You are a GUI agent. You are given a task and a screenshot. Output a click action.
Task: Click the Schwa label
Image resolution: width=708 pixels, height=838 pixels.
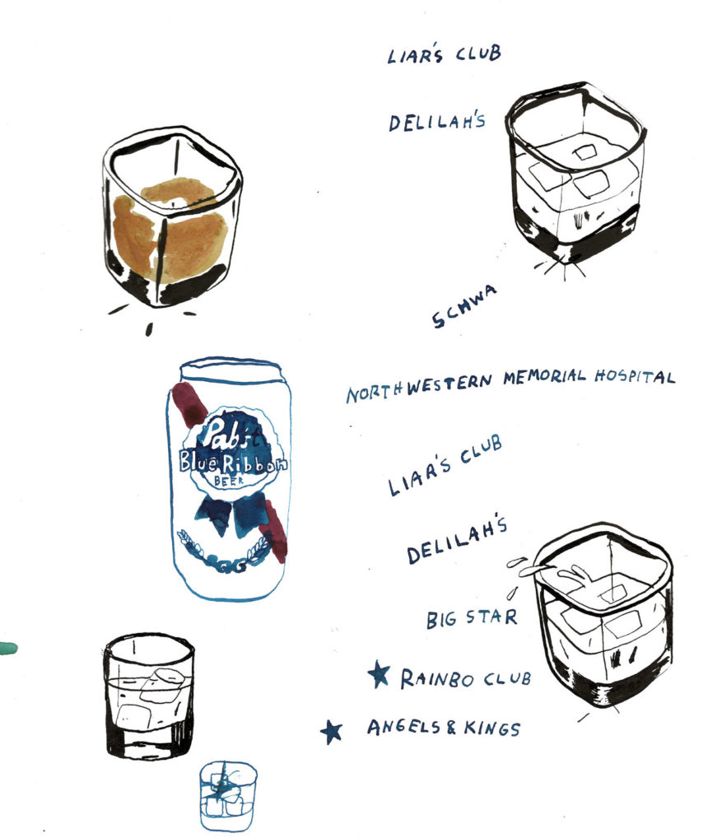click(x=463, y=305)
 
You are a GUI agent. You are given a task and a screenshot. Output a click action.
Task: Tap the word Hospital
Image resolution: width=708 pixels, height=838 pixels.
click(x=635, y=376)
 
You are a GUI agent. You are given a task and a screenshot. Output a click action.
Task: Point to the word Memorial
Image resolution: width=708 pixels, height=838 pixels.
click(x=544, y=377)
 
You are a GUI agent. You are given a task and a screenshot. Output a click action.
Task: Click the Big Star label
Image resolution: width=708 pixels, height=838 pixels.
click(x=472, y=618)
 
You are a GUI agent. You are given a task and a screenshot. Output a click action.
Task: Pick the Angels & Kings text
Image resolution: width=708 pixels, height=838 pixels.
click(x=444, y=728)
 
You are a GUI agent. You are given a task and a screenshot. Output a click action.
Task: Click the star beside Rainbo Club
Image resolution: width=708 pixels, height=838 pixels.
click(x=379, y=674)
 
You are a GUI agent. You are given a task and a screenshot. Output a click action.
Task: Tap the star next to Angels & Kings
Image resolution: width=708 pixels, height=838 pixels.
click(x=331, y=731)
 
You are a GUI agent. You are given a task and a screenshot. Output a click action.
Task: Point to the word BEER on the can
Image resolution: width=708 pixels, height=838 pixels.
click(x=229, y=480)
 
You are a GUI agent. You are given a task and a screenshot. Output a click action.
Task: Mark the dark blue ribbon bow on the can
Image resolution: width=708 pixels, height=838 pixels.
click(x=231, y=512)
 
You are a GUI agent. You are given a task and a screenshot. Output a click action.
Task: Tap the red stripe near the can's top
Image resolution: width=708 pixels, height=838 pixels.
click(x=189, y=403)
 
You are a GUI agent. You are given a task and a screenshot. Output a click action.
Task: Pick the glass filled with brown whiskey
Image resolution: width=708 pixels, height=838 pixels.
click(x=171, y=216)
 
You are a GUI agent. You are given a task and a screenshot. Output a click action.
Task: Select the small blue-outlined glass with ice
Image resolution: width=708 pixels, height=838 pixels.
click(x=228, y=796)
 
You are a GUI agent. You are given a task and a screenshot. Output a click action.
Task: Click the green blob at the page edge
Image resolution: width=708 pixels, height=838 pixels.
click(x=7, y=649)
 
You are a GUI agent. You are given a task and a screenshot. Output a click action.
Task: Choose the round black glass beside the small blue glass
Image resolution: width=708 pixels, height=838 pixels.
click(x=149, y=696)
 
